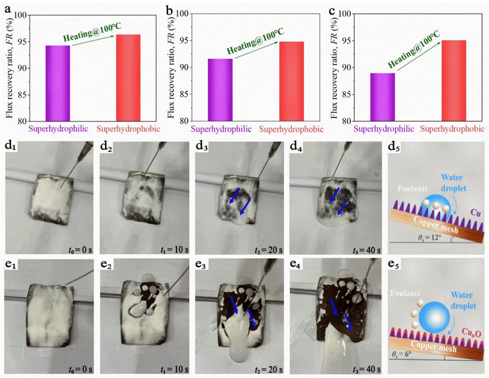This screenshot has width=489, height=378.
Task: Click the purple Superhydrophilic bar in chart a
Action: click(57, 83)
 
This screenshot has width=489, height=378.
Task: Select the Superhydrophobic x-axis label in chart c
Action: click(452, 129)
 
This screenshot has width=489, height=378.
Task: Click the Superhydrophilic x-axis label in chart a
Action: click(58, 129)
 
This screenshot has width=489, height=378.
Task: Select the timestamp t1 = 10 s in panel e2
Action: click(176, 369)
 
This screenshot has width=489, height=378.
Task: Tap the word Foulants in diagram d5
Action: click(406, 188)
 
